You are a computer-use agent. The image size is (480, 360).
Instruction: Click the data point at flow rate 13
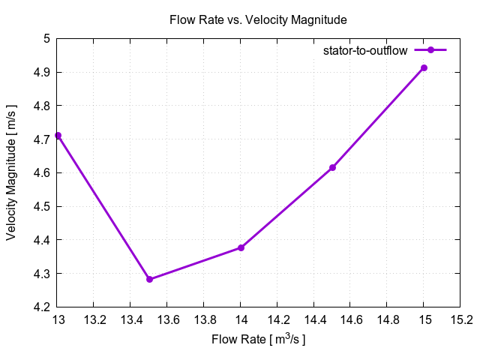(x=58, y=136)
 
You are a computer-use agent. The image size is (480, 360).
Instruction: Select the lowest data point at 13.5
(x=149, y=279)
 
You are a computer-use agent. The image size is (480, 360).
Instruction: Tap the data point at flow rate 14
(x=241, y=247)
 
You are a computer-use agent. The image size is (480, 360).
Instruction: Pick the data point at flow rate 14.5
(x=332, y=167)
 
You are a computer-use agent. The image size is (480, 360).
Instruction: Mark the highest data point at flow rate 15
(x=424, y=68)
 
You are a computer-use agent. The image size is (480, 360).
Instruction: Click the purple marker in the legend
(x=430, y=50)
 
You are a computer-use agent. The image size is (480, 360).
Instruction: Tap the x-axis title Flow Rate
(x=259, y=339)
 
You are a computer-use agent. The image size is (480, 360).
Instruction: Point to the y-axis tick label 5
(x=46, y=39)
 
